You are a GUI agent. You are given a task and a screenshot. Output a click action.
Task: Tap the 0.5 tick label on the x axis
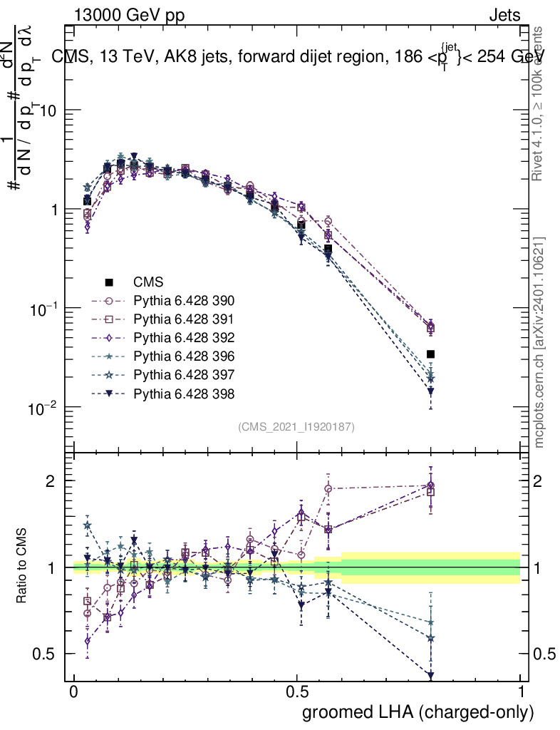coord(296,692)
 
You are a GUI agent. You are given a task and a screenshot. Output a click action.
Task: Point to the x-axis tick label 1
coord(520,692)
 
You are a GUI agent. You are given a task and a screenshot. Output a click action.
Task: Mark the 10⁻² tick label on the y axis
coord(43,408)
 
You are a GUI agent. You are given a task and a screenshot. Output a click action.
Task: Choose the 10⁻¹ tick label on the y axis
coord(43,309)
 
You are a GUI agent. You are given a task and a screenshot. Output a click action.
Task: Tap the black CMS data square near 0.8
coord(430,354)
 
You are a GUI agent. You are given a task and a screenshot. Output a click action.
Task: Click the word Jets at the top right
coord(504,15)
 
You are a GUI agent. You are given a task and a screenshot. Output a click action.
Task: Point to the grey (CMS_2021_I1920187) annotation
coord(296,427)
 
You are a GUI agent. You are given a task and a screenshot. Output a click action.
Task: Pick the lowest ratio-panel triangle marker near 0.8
coord(430,675)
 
